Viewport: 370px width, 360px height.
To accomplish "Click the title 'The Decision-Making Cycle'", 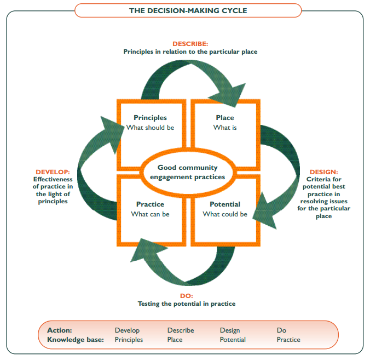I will click(188, 10).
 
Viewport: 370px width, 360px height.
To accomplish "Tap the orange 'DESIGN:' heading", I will click(324, 172).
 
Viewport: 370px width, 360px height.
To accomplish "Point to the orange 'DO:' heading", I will click(187, 295).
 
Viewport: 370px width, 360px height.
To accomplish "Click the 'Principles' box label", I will click(150, 118).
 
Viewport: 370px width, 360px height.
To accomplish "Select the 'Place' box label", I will click(224, 118).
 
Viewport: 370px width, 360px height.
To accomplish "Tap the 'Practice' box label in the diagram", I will click(150, 204).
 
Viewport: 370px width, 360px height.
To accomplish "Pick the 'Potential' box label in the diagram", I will click(224, 204).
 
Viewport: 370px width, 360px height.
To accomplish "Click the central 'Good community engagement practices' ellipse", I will click(187, 172).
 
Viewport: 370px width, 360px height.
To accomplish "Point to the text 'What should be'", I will click(150, 128).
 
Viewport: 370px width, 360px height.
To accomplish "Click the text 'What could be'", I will click(224, 214).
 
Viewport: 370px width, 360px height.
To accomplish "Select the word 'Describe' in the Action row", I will click(181, 330).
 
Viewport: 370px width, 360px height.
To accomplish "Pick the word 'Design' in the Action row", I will click(230, 330).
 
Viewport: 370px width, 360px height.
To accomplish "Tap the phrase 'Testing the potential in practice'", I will click(187, 304).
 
